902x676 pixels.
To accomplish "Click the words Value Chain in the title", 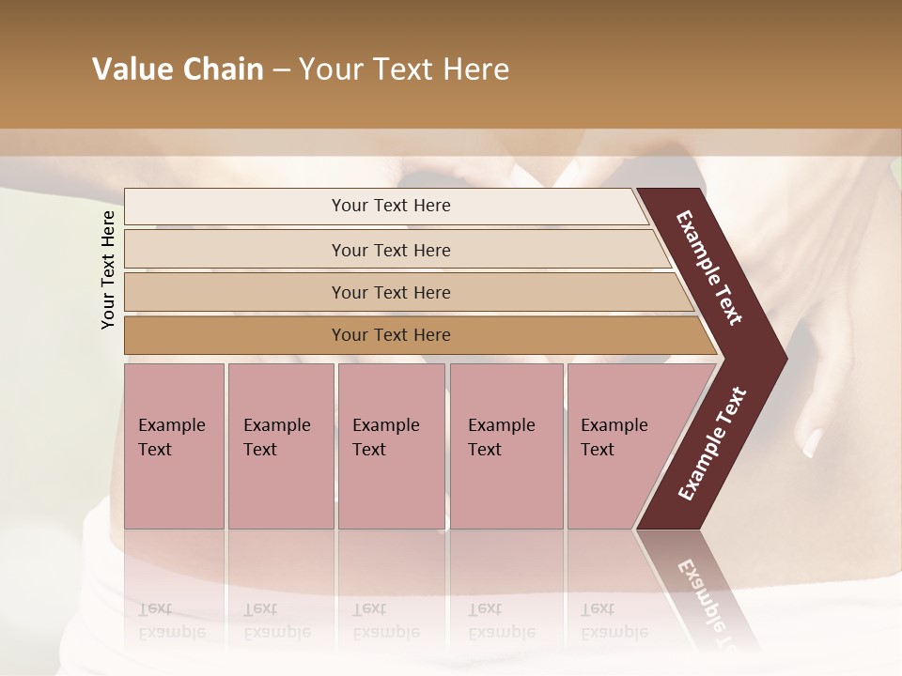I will [178, 69].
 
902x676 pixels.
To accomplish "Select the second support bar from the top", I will [391, 250].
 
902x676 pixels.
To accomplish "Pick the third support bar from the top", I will [391, 292].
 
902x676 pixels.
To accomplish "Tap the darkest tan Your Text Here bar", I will [391, 335].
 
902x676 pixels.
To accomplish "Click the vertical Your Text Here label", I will [108, 269].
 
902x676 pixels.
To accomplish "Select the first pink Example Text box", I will [174, 446].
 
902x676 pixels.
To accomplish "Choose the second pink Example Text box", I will [280, 446].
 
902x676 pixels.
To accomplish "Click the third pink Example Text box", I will [391, 446].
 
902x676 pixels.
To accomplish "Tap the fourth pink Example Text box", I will [506, 446].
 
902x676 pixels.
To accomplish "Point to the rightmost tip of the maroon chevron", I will [785, 358].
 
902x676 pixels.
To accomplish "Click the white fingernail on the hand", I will [813, 441].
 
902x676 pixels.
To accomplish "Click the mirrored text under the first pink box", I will [171, 621].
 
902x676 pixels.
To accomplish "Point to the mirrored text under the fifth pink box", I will [614, 621].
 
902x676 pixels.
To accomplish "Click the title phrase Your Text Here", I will [404, 69].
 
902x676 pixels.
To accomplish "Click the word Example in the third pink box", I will [385, 425].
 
